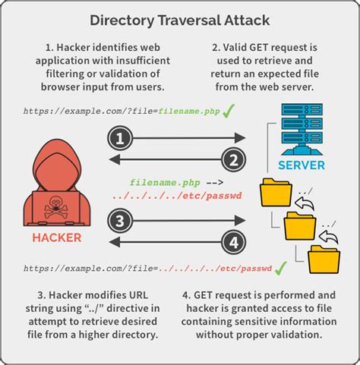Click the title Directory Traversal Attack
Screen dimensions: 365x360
179,18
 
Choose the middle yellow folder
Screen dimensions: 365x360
298,226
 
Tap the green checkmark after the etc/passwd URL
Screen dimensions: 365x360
280,268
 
